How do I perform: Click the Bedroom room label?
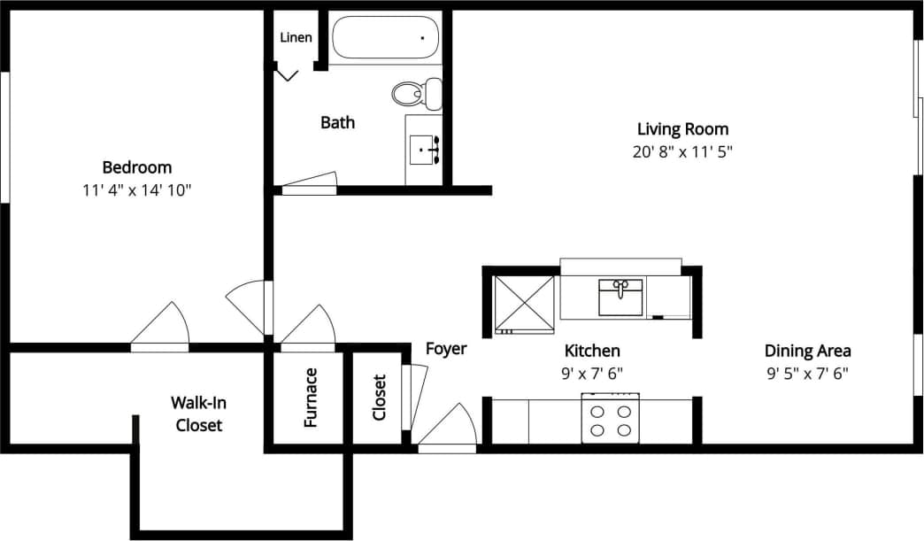pos(137,166)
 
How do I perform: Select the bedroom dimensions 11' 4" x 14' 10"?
pos(137,189)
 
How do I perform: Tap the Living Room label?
pos(682,128)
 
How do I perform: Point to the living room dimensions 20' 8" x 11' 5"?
pos(682,151)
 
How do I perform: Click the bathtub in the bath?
pos(385,38)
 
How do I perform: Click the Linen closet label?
pos(296,37)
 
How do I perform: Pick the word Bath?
pos(337,122)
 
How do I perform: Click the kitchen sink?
pos(621,297)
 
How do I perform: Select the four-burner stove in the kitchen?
pos(611,420)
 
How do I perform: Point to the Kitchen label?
pos(592,351)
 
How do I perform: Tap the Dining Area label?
pos(807,351)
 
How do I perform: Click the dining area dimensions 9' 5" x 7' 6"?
pos(807,374)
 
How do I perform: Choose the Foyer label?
pos(446,349)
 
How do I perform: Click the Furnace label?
pos(311,398)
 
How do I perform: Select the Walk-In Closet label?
pos(198,413)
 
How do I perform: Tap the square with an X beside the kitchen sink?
pos(523,305)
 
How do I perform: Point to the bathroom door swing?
pos(310,181)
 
